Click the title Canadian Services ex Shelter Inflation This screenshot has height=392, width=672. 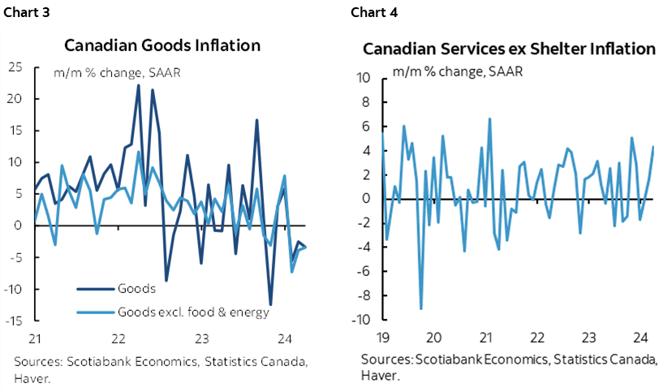point(508,50)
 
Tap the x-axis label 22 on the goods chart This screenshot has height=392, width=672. point(118,338)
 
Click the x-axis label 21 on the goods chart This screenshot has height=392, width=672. point(34,338)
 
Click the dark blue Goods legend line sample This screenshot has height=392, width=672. point(95,289)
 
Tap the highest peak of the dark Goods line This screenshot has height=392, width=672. point(138,85)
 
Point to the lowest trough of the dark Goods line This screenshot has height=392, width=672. point(270,304)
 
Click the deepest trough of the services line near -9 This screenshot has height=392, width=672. point(420,308)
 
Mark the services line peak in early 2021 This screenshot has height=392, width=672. point(489,118)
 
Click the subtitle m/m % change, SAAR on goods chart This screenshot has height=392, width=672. point(117,72)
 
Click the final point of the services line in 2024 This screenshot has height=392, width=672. point(653,146)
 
